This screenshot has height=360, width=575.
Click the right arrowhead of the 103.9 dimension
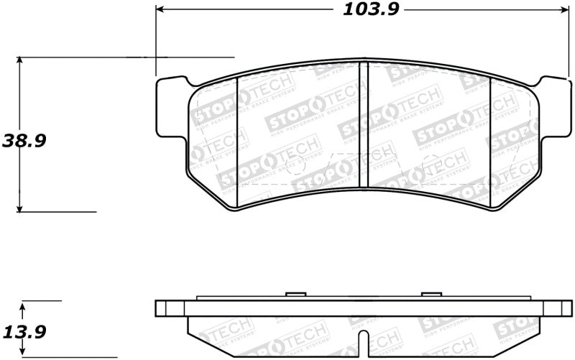[563, 10]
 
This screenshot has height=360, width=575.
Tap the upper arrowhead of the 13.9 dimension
[23, 307]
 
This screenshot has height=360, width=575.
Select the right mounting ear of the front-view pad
[551, 108]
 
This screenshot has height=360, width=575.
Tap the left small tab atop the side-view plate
[295, 294]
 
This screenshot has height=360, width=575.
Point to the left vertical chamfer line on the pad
[237, 137]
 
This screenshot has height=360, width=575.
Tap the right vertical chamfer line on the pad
[490, 137]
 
